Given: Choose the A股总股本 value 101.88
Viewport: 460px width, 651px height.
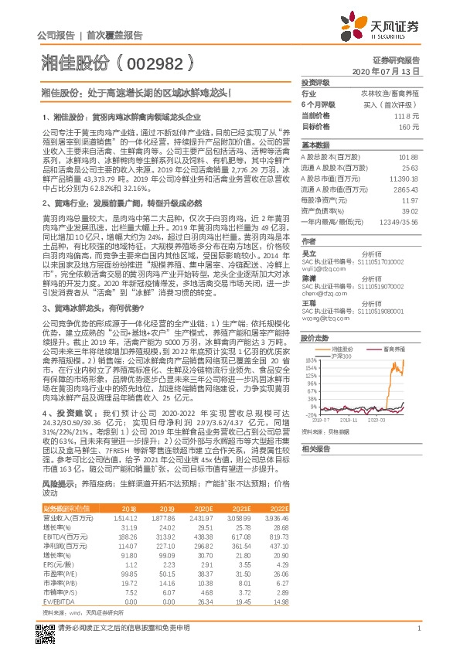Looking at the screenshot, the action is click(408, 157).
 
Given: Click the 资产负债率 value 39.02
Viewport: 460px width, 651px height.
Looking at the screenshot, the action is click(408, 211).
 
